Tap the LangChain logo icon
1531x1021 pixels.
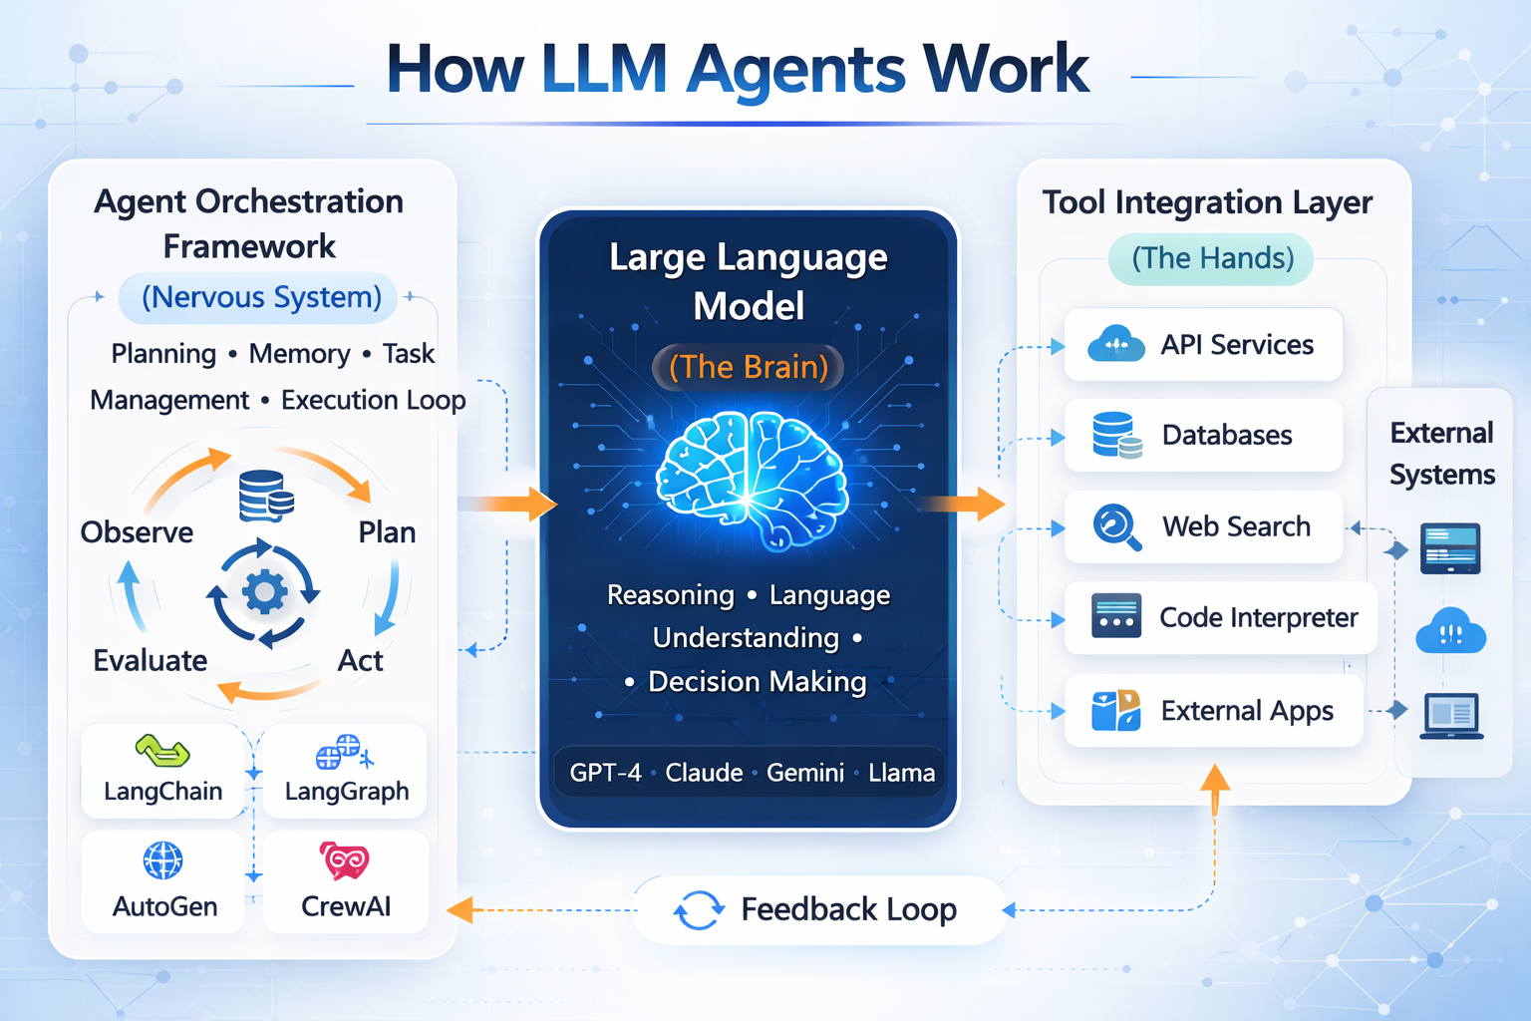tap(162, 750)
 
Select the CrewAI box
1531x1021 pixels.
tap(346, 881)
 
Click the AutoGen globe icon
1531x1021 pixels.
tap(163, 859)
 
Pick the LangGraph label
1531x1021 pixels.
tap(347, 792)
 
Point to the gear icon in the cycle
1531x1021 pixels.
tap(264, 592)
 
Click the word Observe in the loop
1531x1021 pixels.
tap(137, 532)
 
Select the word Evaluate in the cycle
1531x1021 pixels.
tap(151, 660)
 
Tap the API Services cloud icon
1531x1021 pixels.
tap(1115, 344)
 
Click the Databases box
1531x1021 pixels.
tap(1203, 436)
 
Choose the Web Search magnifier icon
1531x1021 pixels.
tap(1116, 525)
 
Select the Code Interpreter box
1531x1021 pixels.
tap(1220, 618)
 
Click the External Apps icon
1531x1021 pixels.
tap(1115, 711)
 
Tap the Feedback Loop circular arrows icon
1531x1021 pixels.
tap(699, 909)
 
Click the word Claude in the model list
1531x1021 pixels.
tap(704, 773)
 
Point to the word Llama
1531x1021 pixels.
tap(901, 773)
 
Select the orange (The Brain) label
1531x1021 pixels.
tap(749, 367)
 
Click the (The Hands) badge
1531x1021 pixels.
tap(1212, 258)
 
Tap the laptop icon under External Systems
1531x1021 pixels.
tap(1451, 715)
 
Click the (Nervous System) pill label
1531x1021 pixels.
tap(261, 297)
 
